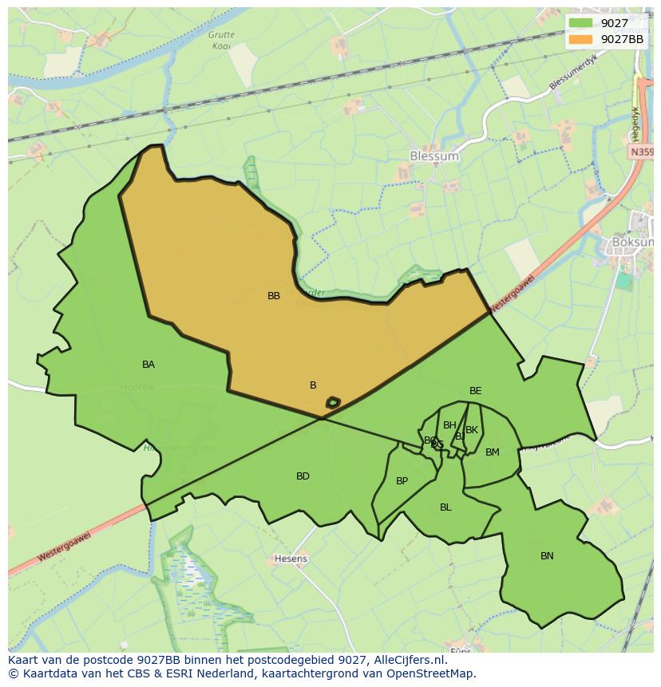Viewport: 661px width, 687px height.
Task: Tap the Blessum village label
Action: [433, 156]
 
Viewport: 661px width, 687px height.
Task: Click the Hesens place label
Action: [291, 559]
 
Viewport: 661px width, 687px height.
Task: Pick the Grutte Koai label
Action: [221, 40]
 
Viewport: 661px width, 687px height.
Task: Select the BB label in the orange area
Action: [274, 295]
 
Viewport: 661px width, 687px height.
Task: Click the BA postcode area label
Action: [148, 365]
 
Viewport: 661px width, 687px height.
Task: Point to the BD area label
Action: [303, 476]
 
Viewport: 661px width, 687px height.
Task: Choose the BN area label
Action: [547, 556]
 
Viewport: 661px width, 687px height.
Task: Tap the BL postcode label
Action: [445, 507]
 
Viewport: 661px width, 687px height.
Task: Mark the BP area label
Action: [402, 481]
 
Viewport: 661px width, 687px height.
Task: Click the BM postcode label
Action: [493, 452]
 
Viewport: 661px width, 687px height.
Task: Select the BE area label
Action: [476, 391]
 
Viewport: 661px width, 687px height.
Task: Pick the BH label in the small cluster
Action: [449, 425]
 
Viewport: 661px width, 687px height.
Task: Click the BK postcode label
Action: [472, 430]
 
